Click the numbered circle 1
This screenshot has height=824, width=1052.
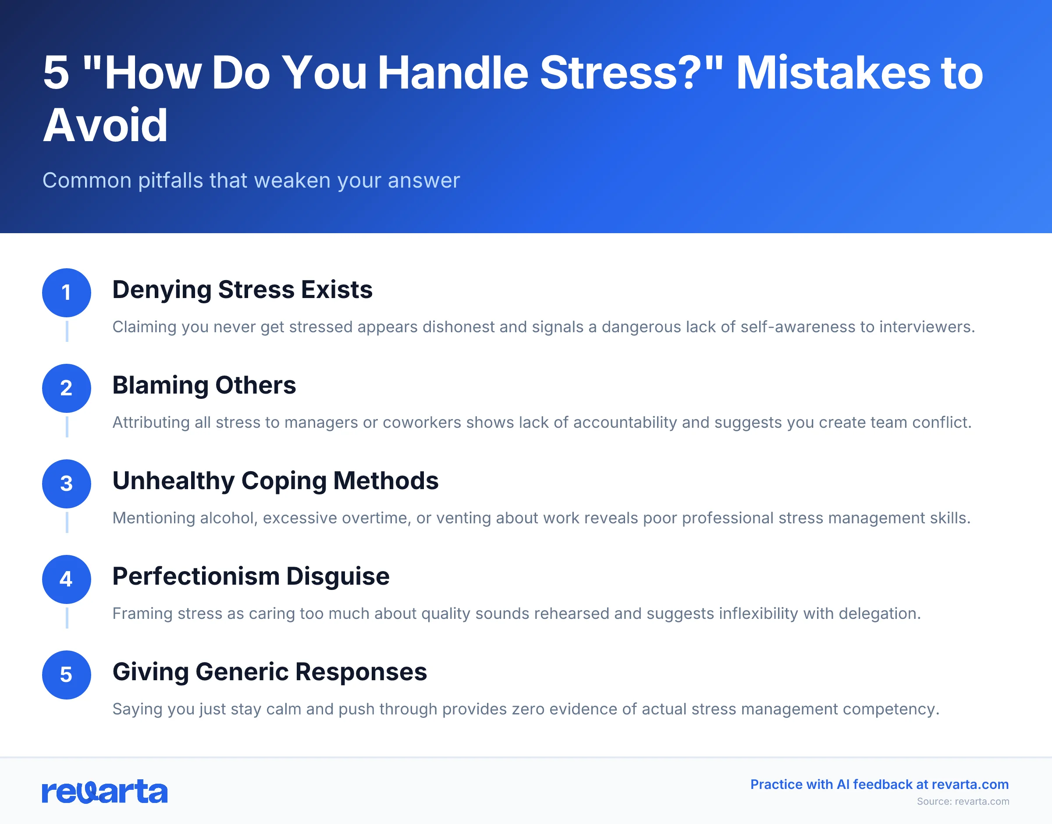pos(67,292)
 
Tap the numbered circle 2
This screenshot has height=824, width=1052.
pos(67,388)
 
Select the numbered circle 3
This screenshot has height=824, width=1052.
pos(67,483)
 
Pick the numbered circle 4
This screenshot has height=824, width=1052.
pos(67,579)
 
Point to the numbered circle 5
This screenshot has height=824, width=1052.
pos(67,675)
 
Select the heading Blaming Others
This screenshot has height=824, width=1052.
pos(204,385)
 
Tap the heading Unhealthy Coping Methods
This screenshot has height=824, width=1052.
pos(275,480)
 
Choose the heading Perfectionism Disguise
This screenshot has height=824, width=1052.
pos(251,576)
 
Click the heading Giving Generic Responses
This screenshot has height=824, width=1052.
pos(270,671)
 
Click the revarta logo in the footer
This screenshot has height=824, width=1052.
pos(105,792)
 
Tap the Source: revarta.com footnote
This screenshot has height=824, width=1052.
pos(963,801)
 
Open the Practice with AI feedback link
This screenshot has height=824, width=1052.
pos(879,785)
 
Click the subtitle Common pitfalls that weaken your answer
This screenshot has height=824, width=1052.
pos(251,181)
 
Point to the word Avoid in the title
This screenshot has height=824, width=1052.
pos(105,125)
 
